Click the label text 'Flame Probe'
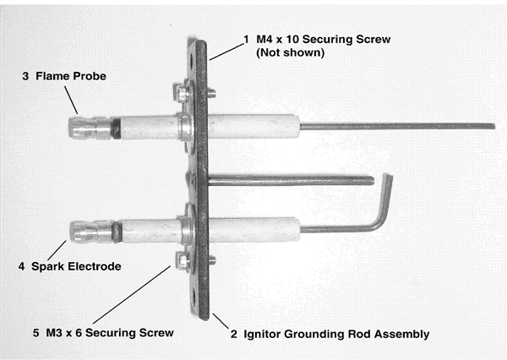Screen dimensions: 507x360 [x=71, y=76]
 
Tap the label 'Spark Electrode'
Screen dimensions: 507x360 [x=76, y=266]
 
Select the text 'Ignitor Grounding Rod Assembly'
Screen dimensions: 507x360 [x=336, y=334]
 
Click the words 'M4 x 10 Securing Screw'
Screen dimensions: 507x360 [x=324, y=40]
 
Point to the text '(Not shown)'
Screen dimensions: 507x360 [x=291, y=52]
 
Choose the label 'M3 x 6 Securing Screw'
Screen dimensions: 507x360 [x=110, y=333]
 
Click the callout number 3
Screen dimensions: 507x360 [x=25, y=76]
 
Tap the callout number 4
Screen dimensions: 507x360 [x=21, y=267]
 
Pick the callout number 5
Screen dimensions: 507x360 [x=35, y=333]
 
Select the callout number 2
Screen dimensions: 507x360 [x=234, y=335]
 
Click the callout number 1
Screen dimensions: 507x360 [x=247, y=40]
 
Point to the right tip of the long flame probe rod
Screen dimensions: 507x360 [x=493, y=127]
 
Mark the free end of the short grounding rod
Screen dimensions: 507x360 [x=372, y=181]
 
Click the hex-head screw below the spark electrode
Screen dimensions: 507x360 [x=183, y=260]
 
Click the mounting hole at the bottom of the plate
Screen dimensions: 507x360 [x=194, y=297]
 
